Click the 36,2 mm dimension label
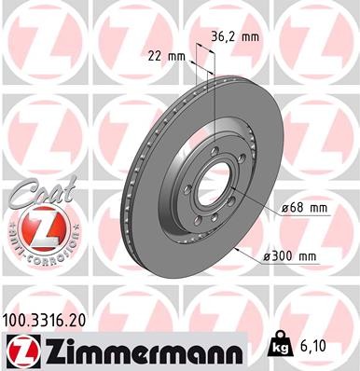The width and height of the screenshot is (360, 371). (235, 38)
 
